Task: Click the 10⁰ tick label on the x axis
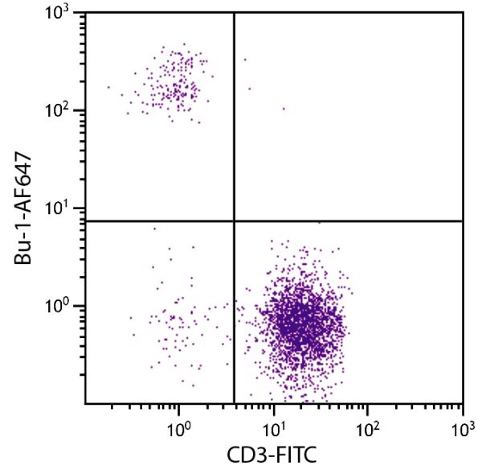(178, 422)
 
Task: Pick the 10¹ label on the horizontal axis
(275, 422)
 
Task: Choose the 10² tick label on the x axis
(368, 422)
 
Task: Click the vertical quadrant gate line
(234, 145)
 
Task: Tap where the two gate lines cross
(234, 221)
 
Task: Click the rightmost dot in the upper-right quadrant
(284, 108)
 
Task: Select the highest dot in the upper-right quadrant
(245, 59)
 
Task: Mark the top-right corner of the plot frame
(464, 12)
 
